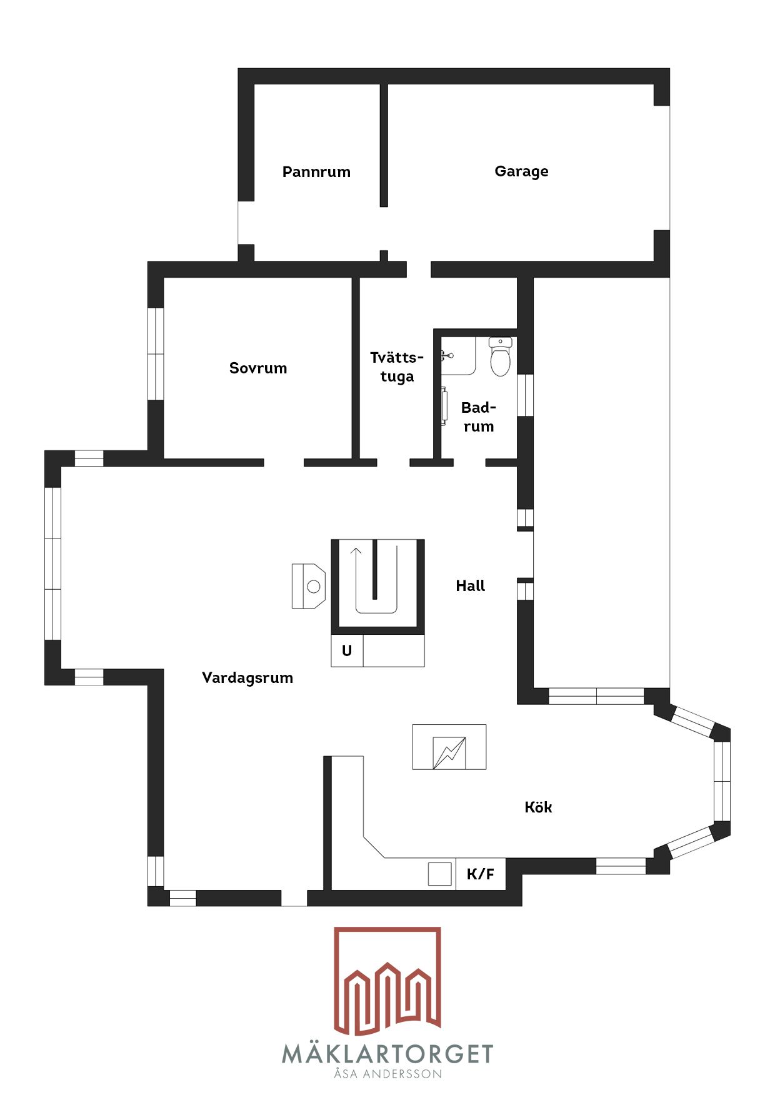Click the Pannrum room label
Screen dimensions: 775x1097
click(x=316, y=172)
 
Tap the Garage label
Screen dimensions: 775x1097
click(x=521, y=171)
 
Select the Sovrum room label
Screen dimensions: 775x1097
click(x=258, y=368)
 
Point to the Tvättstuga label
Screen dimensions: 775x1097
click(x=397, y=367)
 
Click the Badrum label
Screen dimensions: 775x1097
click(x=479, y=417)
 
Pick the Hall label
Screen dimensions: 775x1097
click(x=471, y=585)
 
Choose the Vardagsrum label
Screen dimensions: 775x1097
click(x=247, y=678)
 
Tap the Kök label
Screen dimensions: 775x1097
click(x=538, y=807)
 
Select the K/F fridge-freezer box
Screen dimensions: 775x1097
click(x=480, y=873)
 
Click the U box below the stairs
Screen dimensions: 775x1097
click(x=347, y=650)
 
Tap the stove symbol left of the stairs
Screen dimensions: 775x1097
click(x=309, y=586)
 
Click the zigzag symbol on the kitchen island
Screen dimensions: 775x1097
click(x=449, y=753)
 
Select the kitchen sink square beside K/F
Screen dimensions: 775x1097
click(x=439, y=874)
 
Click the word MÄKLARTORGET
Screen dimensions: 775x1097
click(x=387, y=1054)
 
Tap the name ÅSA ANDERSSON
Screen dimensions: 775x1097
click(x=387, y=1074)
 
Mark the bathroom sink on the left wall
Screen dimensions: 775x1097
click(x=444, y=407)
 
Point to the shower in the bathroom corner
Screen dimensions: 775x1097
click(x=457, y=356)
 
